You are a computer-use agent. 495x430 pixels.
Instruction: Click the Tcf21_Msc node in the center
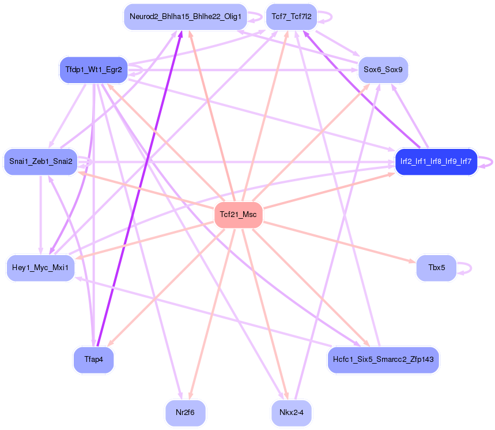point(238,215)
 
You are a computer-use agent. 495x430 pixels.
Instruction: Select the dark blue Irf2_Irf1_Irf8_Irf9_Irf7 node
point(436,161)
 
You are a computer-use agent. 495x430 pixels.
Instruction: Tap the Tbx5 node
point(436,268)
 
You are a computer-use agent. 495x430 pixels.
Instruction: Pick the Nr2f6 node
point(185,413)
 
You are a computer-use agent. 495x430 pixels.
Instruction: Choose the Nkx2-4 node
point(291,413)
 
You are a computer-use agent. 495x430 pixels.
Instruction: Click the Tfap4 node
point(93,359)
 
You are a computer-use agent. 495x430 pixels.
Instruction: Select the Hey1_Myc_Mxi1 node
point(40,268)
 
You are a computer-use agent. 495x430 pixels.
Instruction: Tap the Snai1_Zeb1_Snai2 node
point(40,161)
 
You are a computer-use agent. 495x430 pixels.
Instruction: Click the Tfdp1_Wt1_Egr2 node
point(93,70)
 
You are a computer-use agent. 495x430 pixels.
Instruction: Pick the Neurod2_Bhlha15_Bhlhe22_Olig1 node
point(185,17)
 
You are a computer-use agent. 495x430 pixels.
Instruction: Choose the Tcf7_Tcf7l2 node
point(291,17)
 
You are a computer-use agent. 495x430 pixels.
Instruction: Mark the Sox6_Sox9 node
point(383,70)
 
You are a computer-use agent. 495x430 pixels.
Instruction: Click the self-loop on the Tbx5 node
point(470,268)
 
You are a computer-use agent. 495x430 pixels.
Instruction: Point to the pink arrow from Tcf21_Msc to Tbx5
point(340,242)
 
